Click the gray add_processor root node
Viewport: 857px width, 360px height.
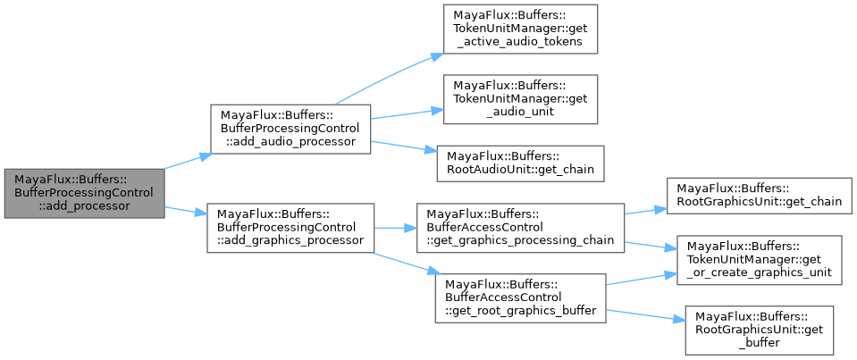point(83,192)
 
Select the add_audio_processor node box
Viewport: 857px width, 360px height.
point(290,129)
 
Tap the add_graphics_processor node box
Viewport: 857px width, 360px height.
point(290,228)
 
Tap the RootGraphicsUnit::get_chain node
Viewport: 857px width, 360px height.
point(758,195)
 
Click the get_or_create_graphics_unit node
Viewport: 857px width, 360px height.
point(758,260)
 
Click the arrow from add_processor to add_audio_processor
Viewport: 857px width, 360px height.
point(187,161)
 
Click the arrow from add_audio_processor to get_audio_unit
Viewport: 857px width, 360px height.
point(407,114)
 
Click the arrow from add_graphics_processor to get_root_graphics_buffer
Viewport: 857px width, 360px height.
point(402,264)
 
